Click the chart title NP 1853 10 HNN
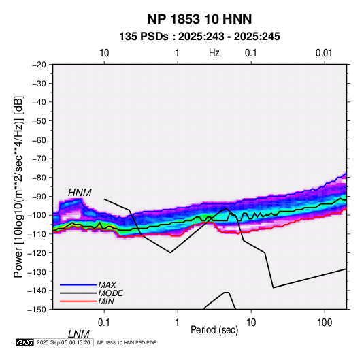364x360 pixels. (x=199, y=19)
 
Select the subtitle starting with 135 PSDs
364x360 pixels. (x=199, y=37)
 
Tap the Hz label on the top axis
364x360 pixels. (x=214, y=53)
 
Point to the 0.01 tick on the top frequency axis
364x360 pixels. (x=324, y=53)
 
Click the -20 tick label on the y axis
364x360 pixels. (x=39, y=65)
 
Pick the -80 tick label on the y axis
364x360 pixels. (x=39, y=178)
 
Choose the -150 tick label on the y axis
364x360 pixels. (x=37, y=310)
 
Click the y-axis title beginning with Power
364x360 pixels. (x=18, y=186)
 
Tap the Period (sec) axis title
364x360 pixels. (x=214, y=330)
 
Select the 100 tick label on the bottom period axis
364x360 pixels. (x=325, y=323)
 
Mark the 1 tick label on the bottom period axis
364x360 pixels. (x=178, y=323)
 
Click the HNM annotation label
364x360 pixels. (x=80, y=193)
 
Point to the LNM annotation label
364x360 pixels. (x=79, y=334)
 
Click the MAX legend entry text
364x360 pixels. (x=107, y=285)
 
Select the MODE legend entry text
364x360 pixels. (x=110, y=293)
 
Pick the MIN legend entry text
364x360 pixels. (x=106, y=301)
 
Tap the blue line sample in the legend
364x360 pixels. (x=78, y=285)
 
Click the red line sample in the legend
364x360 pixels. (x=78, y=301)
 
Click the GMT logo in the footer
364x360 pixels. (x=25, y=342)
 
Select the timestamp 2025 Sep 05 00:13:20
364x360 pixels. (x=63, y=342)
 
